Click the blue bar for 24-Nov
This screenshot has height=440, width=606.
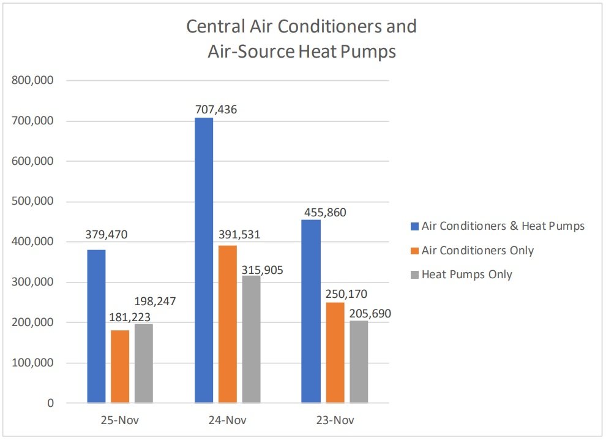tap(204, 260)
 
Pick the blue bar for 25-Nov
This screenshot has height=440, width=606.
tap(96, 326)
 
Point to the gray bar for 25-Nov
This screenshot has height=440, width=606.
tap(144, 363)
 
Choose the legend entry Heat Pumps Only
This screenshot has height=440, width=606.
tap(467, 275)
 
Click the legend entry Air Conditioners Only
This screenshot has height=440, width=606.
tap(477, 250)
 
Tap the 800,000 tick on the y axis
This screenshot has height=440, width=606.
tap(33, 80)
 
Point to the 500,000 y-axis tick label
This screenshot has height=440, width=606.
tap(33, 202)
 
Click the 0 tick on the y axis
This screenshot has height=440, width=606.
tap(50, 403)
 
